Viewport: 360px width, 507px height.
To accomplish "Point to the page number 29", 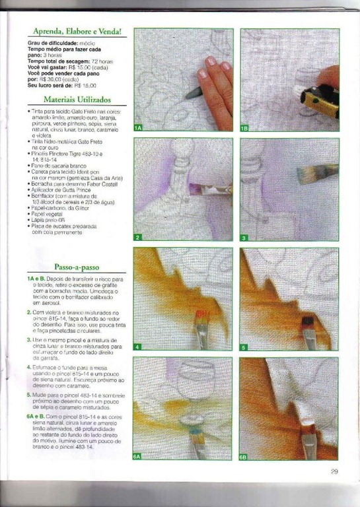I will (334, 471).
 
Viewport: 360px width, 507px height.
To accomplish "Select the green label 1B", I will (244, 127).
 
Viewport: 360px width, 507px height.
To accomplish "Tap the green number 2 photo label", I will (137, 237).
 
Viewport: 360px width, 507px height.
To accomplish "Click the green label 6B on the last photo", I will (244, 456).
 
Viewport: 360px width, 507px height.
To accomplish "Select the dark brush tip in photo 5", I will (307, 323).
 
